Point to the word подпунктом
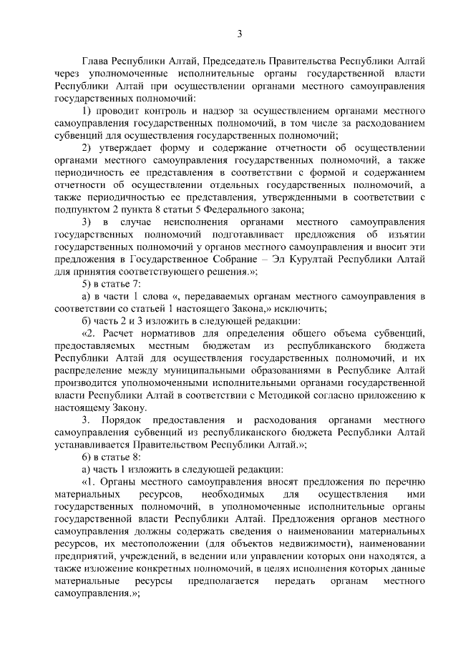coord(84,209)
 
